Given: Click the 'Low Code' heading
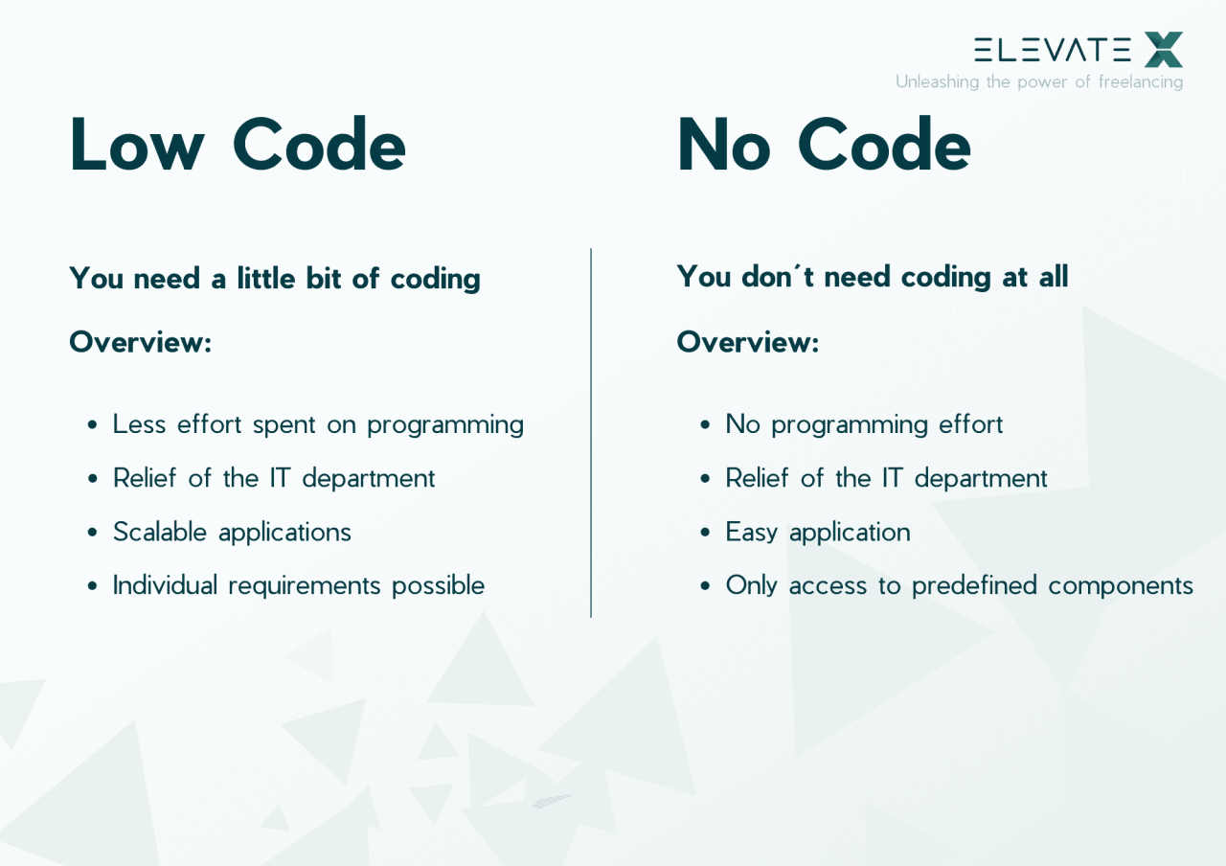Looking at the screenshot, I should pyautogui.click(x=238, y=146).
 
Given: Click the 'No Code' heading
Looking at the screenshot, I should pyautogui.click(x=824, y=146).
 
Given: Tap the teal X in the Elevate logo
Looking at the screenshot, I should pyautogui.click(x=1164, y=50).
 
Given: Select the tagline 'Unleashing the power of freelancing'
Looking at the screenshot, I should pyautogui.click(x=1039, y=82).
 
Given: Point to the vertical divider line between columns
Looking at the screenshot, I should pyautogui.click(x=591, y=431).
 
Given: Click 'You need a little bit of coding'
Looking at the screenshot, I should pyautogui.click(x=275, y=279).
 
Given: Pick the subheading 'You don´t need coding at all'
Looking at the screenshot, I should pyautogui.click(x=872, y=277).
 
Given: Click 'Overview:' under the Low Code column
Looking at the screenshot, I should pyautogui.click(x=140, y=342).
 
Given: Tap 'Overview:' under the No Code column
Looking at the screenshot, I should pyautogui.click(x=747, y=342).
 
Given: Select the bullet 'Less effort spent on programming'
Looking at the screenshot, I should pyautogui.click(x=318, y=424).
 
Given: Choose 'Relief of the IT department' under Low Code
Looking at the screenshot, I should pyautogui.click(x=274, y=478).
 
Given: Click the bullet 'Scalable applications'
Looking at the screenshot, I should pyautogui.click(x=232, y=532).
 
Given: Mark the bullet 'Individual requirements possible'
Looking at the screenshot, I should pyautogui.click(x=299, y=585).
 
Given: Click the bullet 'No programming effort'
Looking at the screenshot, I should pyautogui.click(x=864, y=424).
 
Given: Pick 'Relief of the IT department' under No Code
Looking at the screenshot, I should pyautogui.click(x=886, y=478).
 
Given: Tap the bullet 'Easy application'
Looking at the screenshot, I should pyautogui.click(x=817, y=532).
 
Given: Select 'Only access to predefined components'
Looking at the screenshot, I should pyautogui.click(x=959, y=585).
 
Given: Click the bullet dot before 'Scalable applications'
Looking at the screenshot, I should pyautogui.click(x=93, y=533).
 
